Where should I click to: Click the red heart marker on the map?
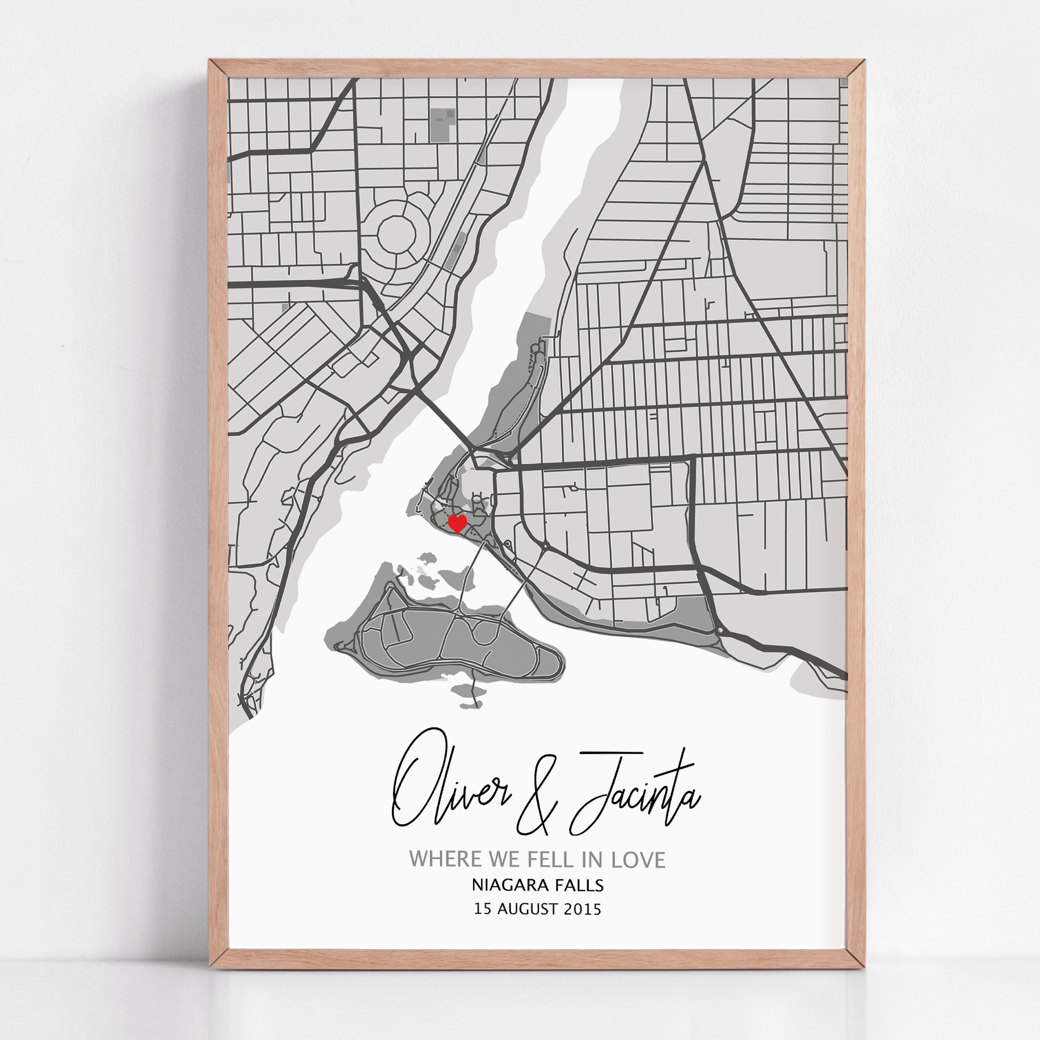[458, 523]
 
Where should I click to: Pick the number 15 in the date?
[483, 909]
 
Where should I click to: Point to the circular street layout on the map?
[397, 234]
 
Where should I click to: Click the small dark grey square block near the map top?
[442, 125]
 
